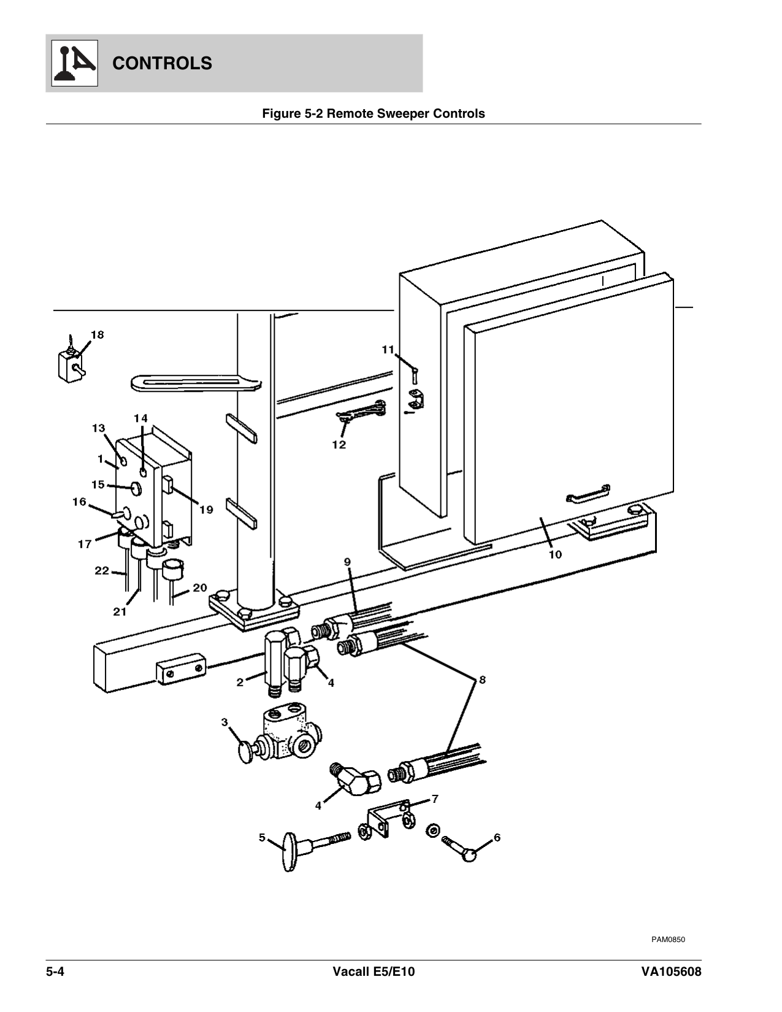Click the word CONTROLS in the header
[163, 63]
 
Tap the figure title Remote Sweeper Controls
[374, 113]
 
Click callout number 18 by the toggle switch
[98, 335]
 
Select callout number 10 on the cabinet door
[554, 554]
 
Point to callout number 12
[339, 444]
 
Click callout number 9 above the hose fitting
[347, 561]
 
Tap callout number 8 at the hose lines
[483, 680]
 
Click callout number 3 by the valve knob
[224, 723]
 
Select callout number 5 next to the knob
[262, 837]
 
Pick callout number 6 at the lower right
[497, 837]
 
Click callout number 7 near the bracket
[435, 799]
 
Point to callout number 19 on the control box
[206, 509]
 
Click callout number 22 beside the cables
[101, 570]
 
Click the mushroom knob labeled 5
[287, 849]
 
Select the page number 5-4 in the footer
[55, 972]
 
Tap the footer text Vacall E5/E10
[374, 972]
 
